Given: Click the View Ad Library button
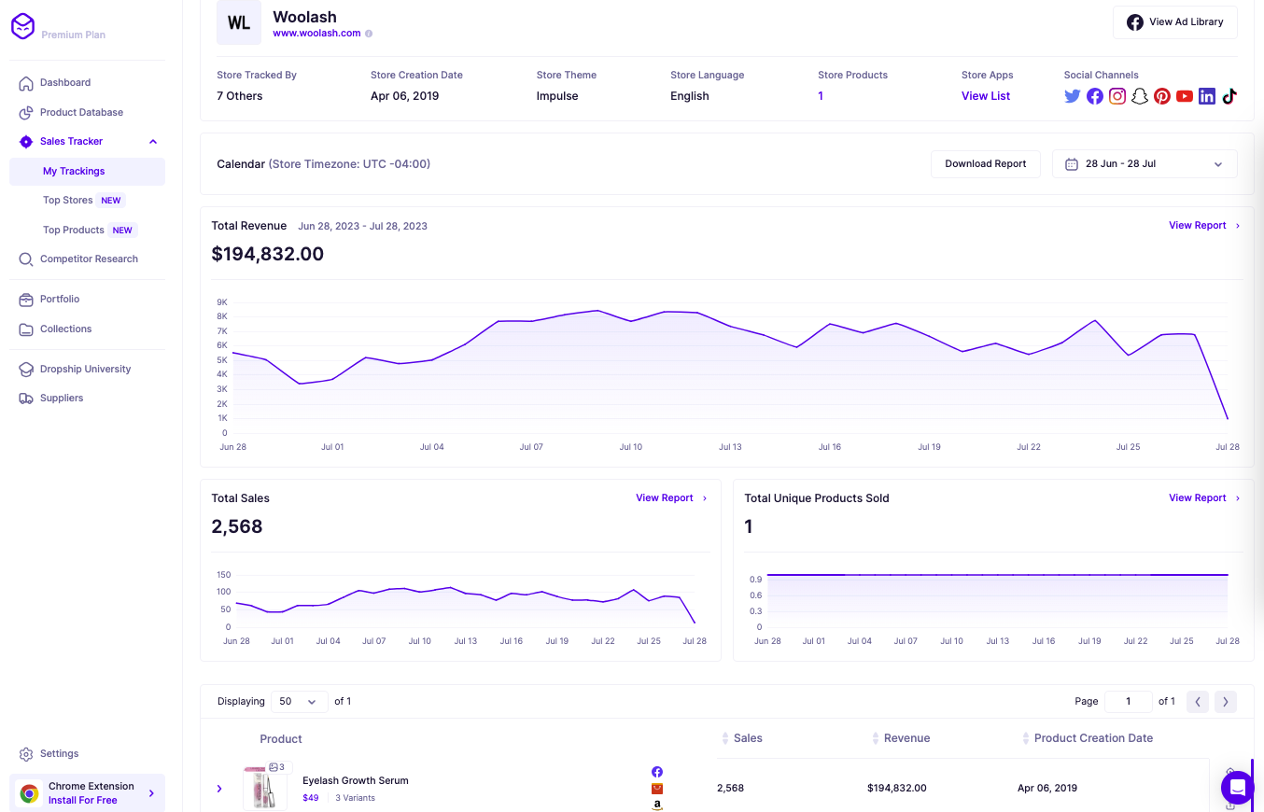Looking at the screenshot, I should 1174,22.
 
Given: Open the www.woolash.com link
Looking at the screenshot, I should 316,34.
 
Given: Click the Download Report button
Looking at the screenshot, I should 985,164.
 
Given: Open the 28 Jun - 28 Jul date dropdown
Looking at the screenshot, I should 1144,164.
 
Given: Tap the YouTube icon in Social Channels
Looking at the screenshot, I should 1185,96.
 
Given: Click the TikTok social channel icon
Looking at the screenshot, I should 1229,96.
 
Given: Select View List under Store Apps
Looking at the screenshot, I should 985,96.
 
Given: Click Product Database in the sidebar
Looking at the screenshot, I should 81,112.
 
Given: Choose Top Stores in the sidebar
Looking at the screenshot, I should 68,201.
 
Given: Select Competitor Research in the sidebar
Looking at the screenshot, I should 89,259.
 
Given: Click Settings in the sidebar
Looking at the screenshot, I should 59,754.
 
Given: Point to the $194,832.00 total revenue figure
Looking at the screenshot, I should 268,254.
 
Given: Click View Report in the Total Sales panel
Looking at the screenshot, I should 665,498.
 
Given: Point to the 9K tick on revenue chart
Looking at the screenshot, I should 222,302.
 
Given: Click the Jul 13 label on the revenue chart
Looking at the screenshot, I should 730,447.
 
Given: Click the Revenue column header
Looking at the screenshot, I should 906,738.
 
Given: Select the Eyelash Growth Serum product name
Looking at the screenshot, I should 356,780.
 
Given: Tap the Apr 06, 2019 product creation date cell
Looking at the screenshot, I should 1046,788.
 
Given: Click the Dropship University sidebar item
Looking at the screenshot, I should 85,370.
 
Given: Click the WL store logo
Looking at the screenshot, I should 239,23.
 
